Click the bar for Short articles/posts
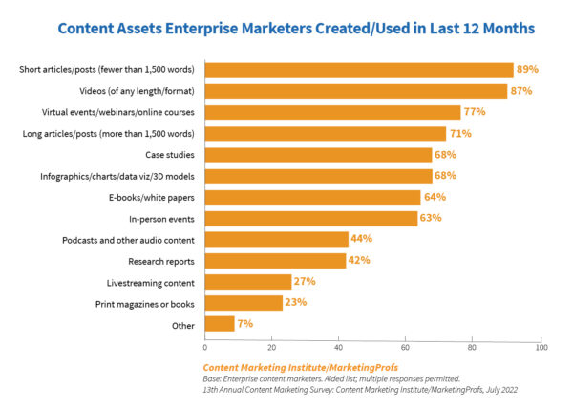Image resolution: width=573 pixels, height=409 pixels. (359, 70)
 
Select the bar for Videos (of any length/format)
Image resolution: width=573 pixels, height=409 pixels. (356, 91)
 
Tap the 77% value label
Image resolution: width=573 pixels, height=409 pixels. (476, 112)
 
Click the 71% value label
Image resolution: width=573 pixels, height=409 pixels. (460, 133)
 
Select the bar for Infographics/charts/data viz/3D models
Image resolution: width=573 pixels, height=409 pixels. (319, 175)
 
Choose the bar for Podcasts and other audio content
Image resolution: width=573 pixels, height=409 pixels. (277, 239)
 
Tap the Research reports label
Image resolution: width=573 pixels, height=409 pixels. (163, 260)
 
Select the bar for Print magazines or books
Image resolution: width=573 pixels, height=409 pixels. (244, 302)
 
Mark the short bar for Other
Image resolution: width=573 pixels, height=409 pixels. (220, 324)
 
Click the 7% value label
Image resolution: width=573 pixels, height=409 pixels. (244, 324)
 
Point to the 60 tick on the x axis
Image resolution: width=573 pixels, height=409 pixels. (407, 347)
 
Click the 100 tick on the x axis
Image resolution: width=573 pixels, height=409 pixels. (541, 347)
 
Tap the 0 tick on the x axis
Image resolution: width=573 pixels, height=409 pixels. (205, 347)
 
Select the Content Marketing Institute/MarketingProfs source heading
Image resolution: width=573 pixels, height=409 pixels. (286, 367)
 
